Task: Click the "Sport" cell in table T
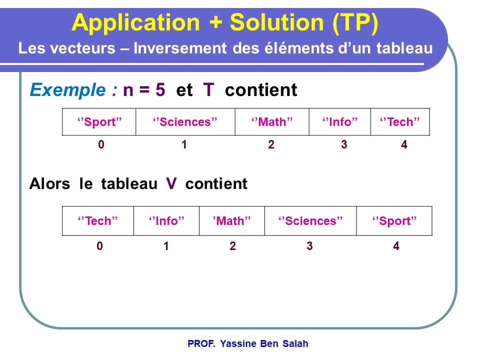tap(99, 122)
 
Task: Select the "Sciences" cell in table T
tap(185, 122)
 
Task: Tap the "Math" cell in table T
tap(271, 122)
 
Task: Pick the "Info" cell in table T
tap(339, 122)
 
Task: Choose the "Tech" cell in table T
tap(399, 122)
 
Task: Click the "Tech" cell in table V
tap(98, 221)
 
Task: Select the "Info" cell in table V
tap(166, 221)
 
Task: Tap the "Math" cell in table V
tap(231, 221)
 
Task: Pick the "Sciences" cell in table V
tap(310, 221)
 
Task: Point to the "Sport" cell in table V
tap(394, 221)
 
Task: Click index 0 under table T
tap(101, 145)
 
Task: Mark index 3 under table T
tap(344, 145)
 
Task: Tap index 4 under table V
tap(396, 246)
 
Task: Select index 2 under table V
tap(232, 246)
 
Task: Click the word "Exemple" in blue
tap(67, 90)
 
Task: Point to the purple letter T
tap(208, 90)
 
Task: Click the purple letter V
tap(171, 183)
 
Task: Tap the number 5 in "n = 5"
tap(160, 90)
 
